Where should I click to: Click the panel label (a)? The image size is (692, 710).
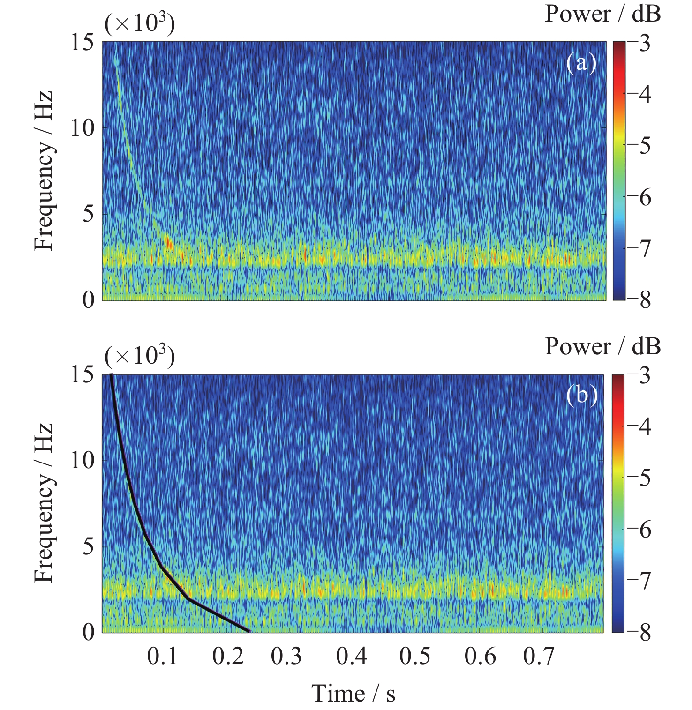[581, 62]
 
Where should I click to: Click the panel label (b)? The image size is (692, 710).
[581, 395]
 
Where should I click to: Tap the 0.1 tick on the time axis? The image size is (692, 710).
[162, 656]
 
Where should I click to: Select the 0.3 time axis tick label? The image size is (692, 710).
[286, 656]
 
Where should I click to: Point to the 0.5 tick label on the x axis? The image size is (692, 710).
[415, 656]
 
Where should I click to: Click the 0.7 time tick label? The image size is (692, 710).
[539, 656]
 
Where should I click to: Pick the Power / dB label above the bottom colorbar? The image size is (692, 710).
[602, 347]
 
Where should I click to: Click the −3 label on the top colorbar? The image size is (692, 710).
[639, 44]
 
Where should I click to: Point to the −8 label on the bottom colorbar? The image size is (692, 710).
[639, 633]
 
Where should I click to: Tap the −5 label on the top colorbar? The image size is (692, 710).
[639, 146]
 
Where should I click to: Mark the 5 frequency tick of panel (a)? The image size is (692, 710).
[88, 214]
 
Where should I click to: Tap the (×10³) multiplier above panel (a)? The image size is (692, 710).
[140, 23]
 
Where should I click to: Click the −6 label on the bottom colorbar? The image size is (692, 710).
[639, 530]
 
